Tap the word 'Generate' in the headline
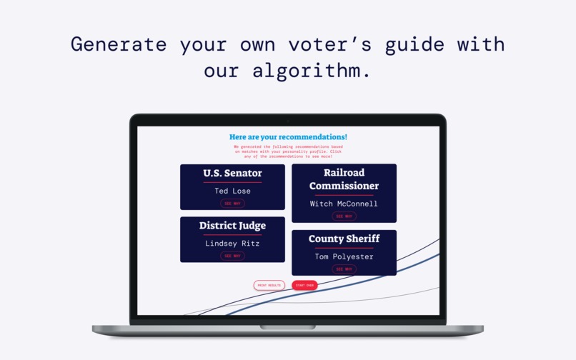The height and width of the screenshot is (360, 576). coord(119,44)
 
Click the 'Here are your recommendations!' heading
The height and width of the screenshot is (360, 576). coord(288,136)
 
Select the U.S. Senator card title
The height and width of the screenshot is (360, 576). coord(232,173)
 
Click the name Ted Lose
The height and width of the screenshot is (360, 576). coord(232,191)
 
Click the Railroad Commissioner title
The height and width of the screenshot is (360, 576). coord(344,179)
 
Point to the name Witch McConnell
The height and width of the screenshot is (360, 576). coord(344,204)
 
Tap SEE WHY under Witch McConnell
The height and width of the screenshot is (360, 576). coord(344,216)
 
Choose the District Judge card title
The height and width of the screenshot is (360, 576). coord(232,226)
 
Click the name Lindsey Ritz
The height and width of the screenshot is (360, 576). coord(232,244)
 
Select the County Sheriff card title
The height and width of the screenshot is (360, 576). coord(344,239)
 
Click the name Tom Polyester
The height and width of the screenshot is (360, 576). coord(344,256)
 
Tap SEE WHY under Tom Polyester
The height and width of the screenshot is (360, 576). coord(344,269)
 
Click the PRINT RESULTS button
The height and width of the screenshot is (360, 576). coord(269,285)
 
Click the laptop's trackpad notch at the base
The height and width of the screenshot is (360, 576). coord(287,327)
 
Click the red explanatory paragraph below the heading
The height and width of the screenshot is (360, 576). coord(288,151)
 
